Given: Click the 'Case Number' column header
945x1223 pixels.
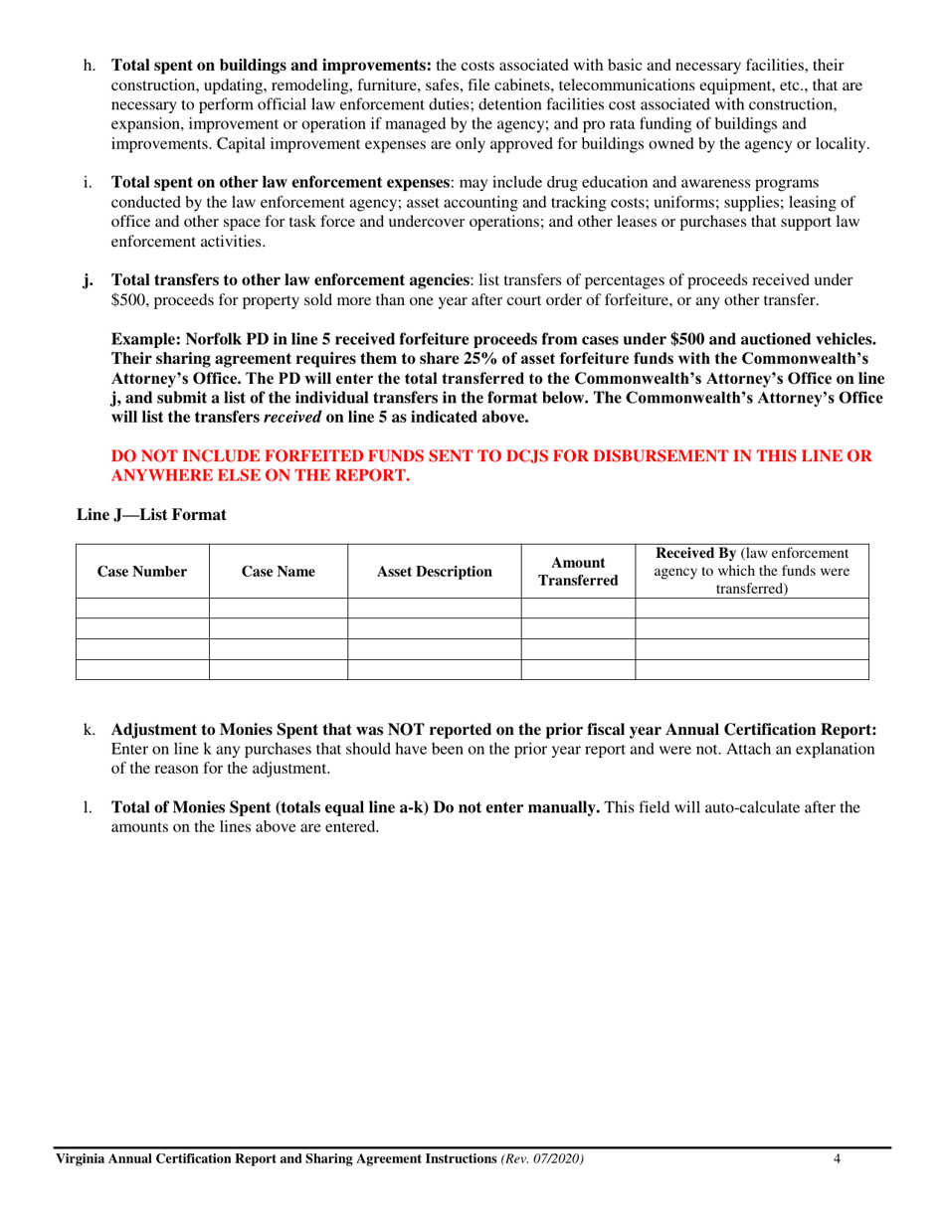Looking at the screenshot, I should [x=142, y=572].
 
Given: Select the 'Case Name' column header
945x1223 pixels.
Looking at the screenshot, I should [x=278, y=572].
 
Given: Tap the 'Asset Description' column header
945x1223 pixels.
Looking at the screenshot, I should [x=434, y=572].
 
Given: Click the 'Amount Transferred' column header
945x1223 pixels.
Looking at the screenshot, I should [x=578, y=572].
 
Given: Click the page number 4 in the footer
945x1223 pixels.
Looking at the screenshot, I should [x=838, y=1159].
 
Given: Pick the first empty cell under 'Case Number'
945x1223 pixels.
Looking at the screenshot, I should [x=142, y=609].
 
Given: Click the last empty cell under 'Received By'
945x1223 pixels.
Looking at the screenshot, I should [x=751, y=669].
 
